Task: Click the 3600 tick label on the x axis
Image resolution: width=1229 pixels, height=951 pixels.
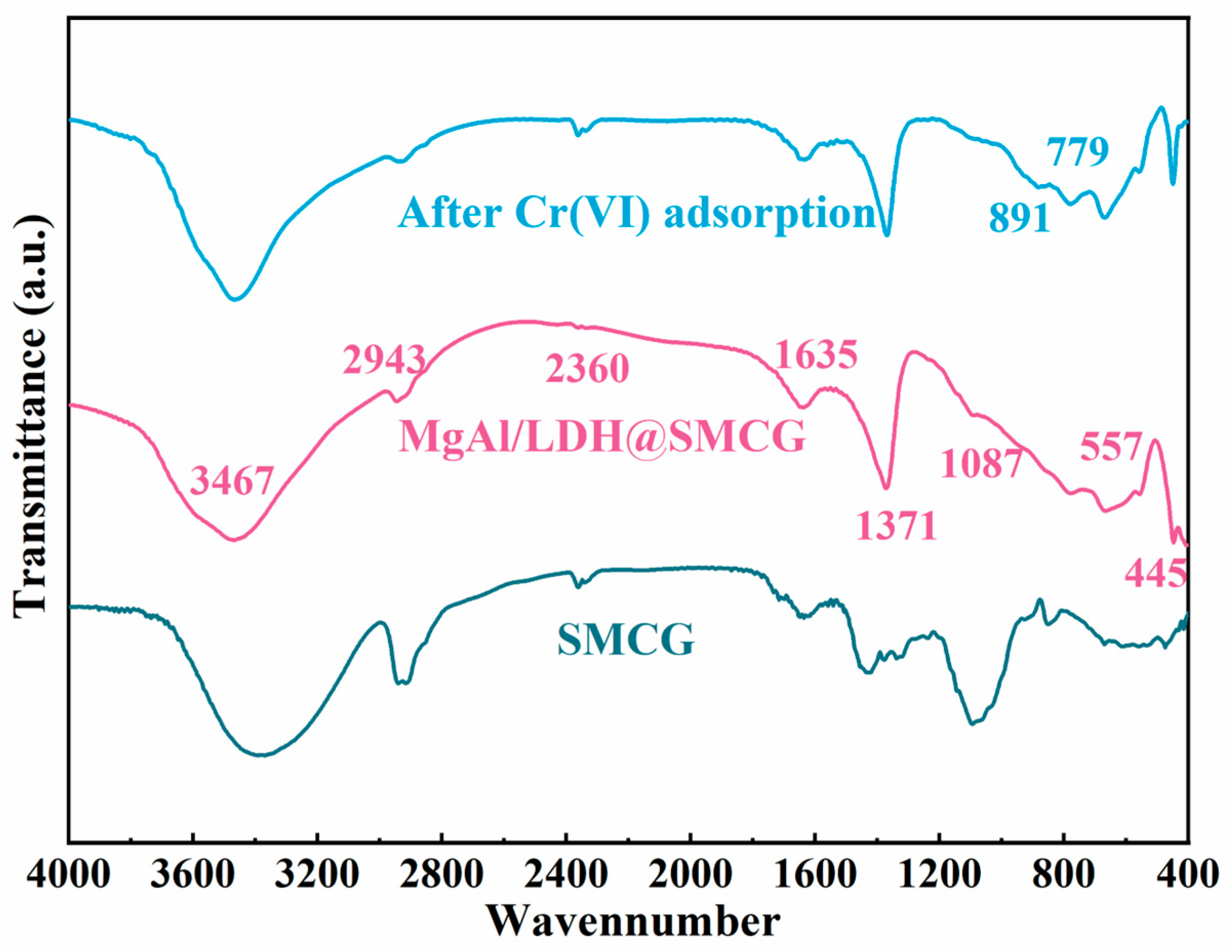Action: (x=192, y=876)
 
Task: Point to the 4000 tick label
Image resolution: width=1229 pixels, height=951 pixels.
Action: (x=69, y=876)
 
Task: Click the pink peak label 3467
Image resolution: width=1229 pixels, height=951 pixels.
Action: (x=232, y=481)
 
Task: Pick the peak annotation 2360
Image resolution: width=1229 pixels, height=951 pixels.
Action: (x=587, y=369)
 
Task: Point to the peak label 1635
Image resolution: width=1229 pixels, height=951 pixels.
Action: (x=816, y=355)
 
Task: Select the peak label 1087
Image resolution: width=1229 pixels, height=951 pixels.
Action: (x=981, y=463)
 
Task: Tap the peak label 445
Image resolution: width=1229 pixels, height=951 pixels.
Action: (x=1156, y=575)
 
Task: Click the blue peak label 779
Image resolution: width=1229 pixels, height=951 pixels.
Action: (x=1077, y=151)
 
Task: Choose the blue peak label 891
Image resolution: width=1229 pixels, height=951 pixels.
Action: (x=1020, y=218)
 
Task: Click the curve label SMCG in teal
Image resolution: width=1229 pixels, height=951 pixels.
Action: (x=626, y=640)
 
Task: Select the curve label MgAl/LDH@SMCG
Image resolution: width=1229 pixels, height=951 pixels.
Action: (x=602, y=437)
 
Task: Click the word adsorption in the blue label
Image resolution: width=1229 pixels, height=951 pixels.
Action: (x=769, y=213)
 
